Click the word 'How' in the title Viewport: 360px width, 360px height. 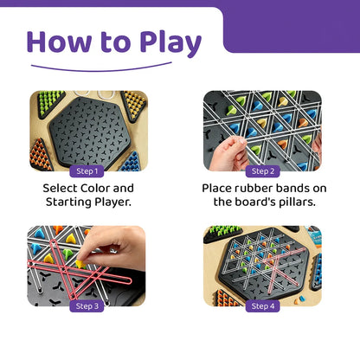(x=66, y=42)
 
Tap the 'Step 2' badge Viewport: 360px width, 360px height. (x=262, y=170)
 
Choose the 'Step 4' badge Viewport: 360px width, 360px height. (x=262, y=305)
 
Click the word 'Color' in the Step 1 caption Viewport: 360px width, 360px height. (x=117, y=187)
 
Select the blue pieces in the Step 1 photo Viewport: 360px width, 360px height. (x=131, y=161)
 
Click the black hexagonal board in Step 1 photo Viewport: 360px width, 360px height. (x=90, y=130)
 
